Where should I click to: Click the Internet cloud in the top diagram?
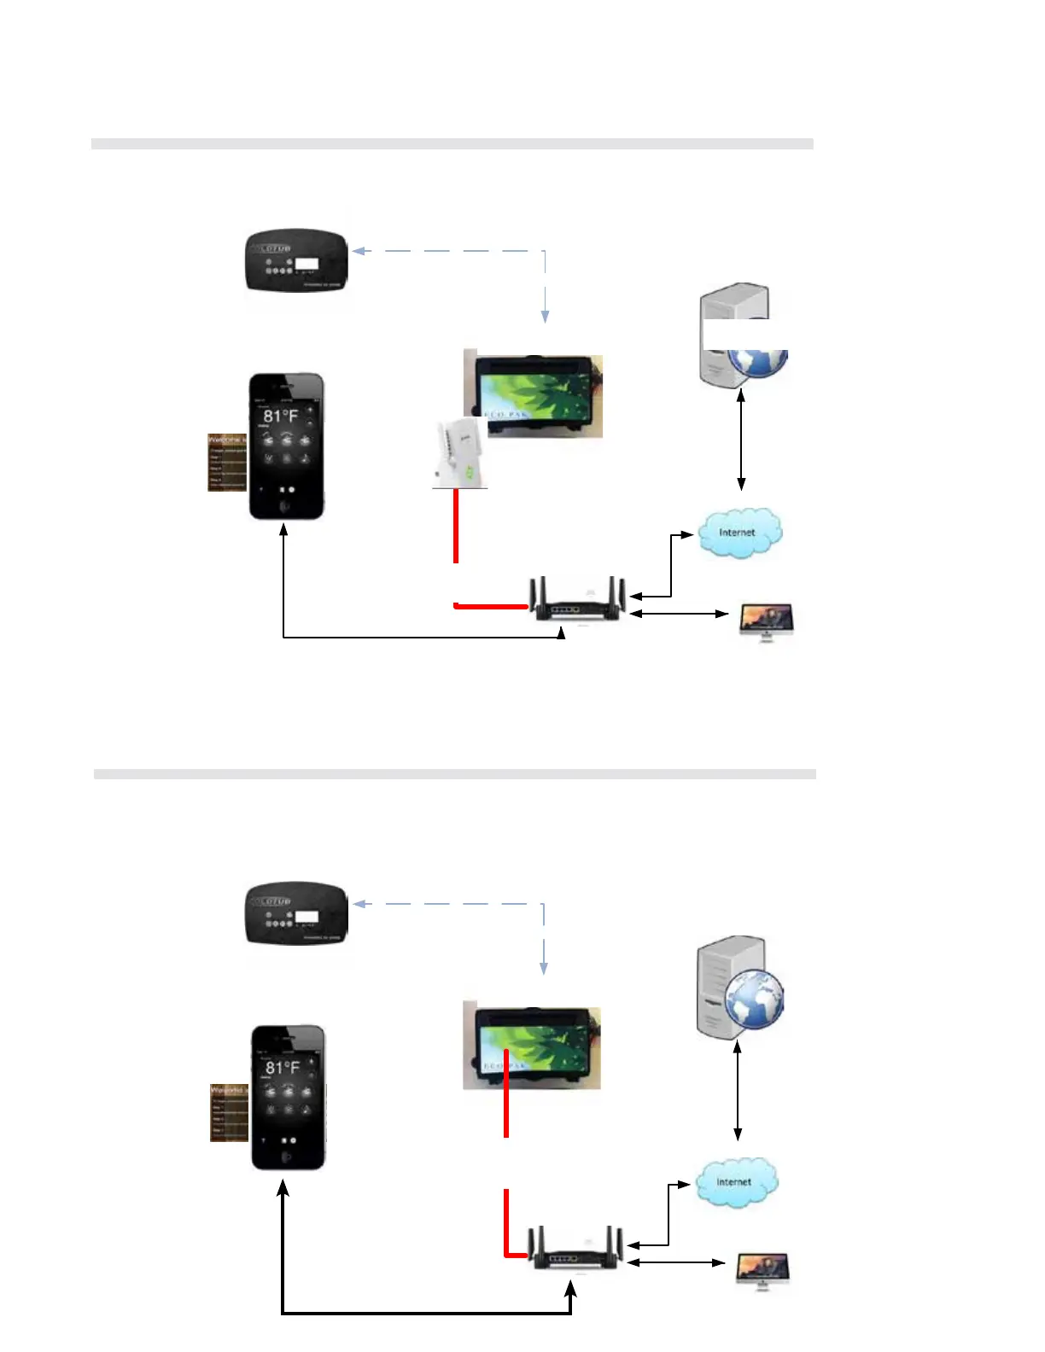pyautogui.click(x=739, y=533)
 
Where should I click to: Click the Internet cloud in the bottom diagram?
pyautogui.click(x=735, y=1182)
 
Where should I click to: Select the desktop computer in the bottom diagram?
pyautogui.click(x=764, y=1270)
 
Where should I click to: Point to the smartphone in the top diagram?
pyautogui.click(x=286, y=446)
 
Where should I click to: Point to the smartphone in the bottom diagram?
pyautogui.click(x=289, y=1098)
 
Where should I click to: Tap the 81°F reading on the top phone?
pyautogui.click(x=280, y=417)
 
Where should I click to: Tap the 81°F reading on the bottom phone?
pyautogui.click(x=283, y=1068)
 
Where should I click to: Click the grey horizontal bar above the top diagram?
pyautogui.click(x=452, y=144)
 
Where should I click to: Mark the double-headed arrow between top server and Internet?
pyautogui.click(x=741, y=439)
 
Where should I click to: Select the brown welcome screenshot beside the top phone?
pyautogui.click(x=227, y=463)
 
